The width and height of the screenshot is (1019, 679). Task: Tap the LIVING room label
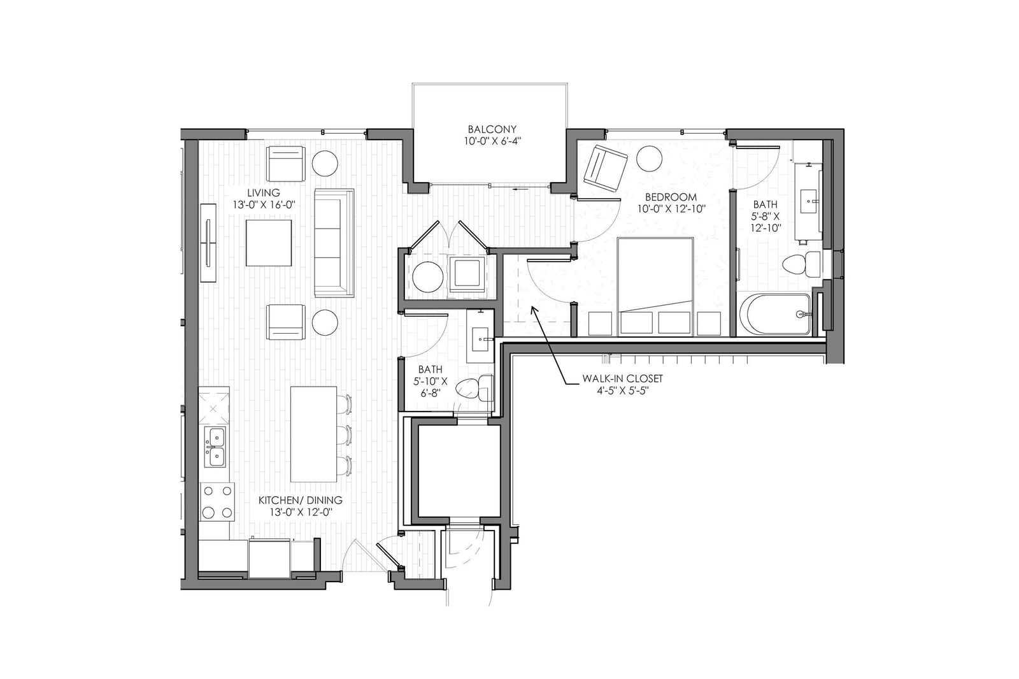pos(264,193)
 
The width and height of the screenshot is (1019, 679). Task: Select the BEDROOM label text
pos(671,197)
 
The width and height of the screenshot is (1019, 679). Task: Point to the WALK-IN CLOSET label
pos(623,378)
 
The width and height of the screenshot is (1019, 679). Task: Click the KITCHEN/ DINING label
pos(300,500)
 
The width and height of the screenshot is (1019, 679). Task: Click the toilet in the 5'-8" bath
pos(802,264)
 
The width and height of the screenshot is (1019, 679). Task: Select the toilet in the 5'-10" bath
pos(474,388)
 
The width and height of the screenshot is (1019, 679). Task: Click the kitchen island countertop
pos(313,434)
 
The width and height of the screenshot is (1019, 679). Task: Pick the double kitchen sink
pos(215,447)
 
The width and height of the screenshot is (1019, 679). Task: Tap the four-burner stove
pos(217,502)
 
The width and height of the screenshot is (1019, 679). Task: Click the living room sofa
pos(334,243)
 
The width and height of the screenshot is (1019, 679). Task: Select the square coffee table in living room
pos(269,243)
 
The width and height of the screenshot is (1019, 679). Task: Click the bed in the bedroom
pos(655,287)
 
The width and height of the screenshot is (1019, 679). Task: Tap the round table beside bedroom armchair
pos(649,159)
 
